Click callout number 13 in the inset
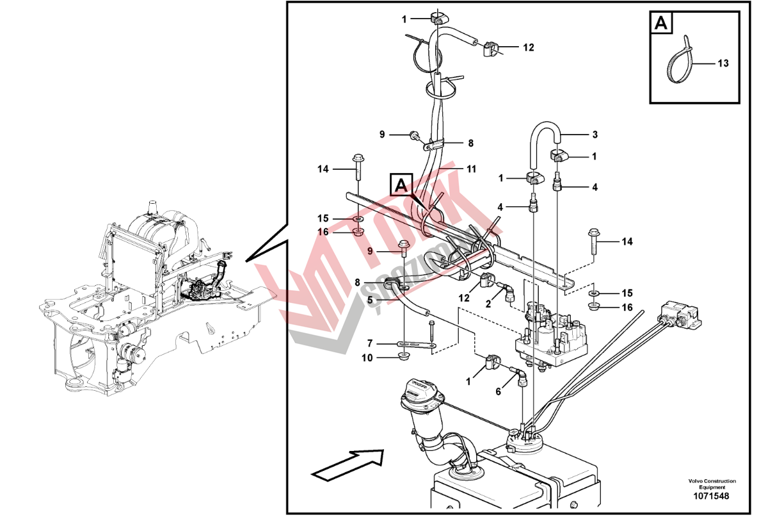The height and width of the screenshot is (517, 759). coord(723,63)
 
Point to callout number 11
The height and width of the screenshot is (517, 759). coord(471,169)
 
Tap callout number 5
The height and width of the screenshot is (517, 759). coord(370,298)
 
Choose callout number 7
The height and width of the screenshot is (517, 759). coord(369,343)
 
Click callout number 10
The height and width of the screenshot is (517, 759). coord(367,357)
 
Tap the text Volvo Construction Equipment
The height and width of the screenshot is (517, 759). coord(712,484)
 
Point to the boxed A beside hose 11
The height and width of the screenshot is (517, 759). coord(401,186)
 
